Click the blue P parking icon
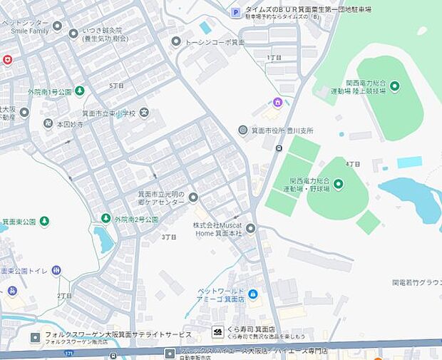(235, 11)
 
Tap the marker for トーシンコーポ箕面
(176, 41)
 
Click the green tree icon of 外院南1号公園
(80, 91)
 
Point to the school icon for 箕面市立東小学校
(144, 112)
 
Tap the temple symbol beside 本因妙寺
(48, 123)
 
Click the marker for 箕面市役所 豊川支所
(243, 130)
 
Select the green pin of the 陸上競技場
(394, 86)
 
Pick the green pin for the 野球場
(338, 185)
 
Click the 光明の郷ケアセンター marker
(192, 197)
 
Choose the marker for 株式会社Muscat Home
(251, 228)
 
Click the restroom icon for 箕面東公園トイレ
(56, 270)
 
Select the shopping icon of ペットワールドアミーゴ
(252, 294)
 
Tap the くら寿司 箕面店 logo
(218, 331)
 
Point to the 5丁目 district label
(116, 86)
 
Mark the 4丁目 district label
(353, 163)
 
